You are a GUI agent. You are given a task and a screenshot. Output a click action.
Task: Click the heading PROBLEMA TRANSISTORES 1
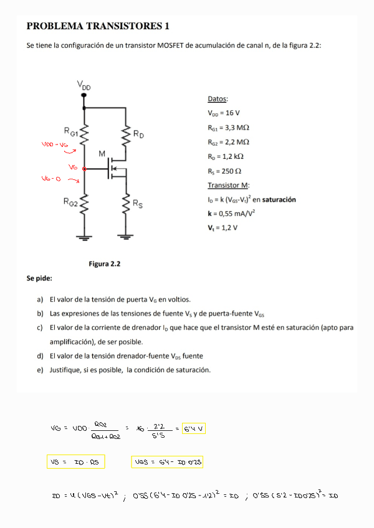tap(98, 26)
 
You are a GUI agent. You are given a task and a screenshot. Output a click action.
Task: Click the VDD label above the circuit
tap(84, 85)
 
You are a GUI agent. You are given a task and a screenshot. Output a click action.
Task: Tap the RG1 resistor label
tap(71, 131)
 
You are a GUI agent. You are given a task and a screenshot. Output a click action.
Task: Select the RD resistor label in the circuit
tap(139, 134)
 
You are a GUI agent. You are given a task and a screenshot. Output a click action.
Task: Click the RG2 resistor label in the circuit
tap(70, 202)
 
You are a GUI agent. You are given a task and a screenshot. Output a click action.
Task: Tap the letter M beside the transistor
tap(102, 154)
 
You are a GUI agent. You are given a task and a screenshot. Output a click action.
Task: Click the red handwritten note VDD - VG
tap(55, 144)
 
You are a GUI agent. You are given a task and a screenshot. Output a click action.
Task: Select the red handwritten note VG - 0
tap(50, 179)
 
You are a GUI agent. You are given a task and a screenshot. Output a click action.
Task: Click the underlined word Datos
tap(218, 99)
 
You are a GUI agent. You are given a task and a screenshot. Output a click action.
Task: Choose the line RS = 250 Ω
tap(224, 171)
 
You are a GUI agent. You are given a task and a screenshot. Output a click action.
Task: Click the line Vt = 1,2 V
tap(223, 228)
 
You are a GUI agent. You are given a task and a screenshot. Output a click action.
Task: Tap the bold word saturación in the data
tap(279, 199)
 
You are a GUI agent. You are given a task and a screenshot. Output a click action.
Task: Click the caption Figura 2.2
tap(104, 264)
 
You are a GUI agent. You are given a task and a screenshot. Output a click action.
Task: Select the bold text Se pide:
tap(39, 278)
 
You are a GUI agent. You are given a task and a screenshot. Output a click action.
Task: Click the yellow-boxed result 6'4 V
tap(194, 429)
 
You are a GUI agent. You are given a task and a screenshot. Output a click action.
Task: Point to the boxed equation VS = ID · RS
tap(75, 462)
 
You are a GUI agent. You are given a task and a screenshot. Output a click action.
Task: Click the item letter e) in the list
tap(41, 370)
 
